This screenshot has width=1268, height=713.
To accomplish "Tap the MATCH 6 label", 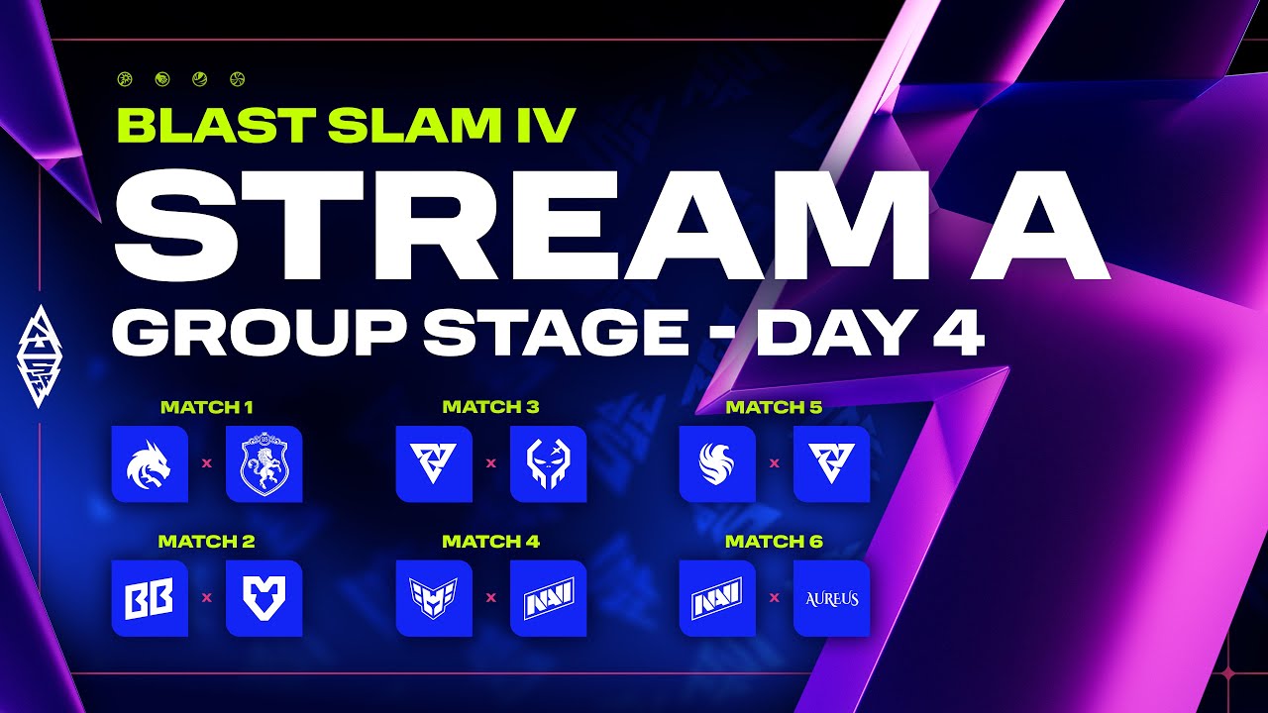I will pyautogui.click(x=774, y=542).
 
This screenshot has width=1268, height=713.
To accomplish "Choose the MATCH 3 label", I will pyautogui.click(x=490, y=407).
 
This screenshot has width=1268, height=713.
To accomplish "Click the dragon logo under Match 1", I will pyautogui.click(x=150, y=463).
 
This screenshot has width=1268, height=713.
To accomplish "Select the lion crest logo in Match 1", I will pyautogui.click(x=264, y=463).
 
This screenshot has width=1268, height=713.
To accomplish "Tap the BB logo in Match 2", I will pyautogui.click(x=150, y=598).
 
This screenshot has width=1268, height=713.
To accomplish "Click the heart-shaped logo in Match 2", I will pyautogui.click(x=264, y=598).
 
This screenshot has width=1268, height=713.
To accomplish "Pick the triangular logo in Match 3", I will pyautogui.click(x=433, y=463).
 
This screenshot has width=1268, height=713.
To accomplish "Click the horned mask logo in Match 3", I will pyautogui.click(x=548, y=463).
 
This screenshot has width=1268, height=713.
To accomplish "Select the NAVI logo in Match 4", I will pyautogui.click(x=548, y=598).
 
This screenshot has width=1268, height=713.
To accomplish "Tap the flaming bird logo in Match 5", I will pyautogui.click(x=717, y=463).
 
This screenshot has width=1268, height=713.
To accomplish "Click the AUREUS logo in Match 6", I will pyautogui.click(x=831, y=598).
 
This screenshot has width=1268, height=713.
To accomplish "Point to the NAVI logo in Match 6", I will pyautogui.click(x=717, y=598).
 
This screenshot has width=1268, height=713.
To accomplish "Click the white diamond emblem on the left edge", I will pyautogui.click(x=40, y=356).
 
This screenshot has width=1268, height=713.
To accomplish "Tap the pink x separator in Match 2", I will pyautogui.click(x=207, y=598).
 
